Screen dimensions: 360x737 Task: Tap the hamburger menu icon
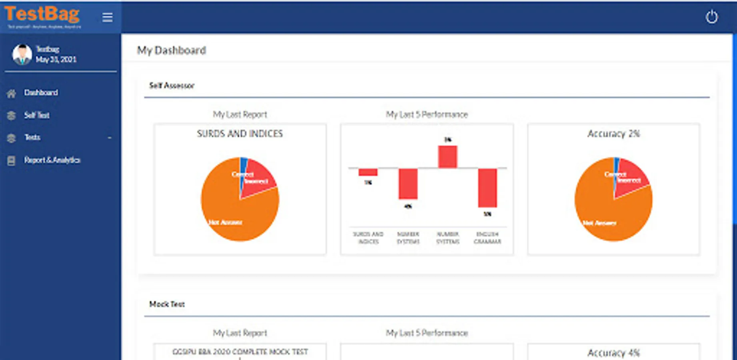coord(107,17)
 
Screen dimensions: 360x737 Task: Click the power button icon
coord(711,17)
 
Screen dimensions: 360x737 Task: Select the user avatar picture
coord(22,54)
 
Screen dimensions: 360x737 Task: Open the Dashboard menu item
coord(41,93)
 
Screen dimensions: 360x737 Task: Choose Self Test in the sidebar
coord(37,115)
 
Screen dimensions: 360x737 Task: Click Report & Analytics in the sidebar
coord(52,160)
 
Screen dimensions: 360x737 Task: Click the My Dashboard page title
coord(172,50)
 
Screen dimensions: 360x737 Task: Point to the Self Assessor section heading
coord(172,86)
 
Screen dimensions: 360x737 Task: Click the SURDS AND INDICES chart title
coord(240,134)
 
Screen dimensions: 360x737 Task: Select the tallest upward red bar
coord(447,156)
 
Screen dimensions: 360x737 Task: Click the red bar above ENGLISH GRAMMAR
coord(487,188)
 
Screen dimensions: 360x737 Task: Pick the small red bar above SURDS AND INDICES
coord(368,172)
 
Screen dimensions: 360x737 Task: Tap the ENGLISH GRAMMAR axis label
coord(487,238)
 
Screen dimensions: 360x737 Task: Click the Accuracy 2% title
coord(613,134)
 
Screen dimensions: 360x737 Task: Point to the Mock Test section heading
coord(167,304)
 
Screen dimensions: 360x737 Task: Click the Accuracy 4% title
coord(613,353)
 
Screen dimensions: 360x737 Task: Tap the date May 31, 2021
coord(56,60)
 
